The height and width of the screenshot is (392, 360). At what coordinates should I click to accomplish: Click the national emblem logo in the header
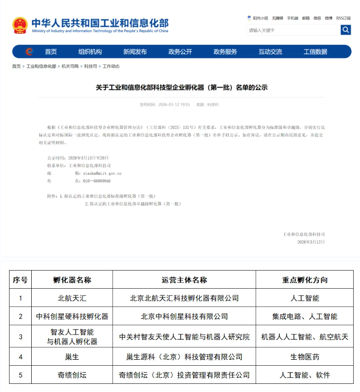[20, 25]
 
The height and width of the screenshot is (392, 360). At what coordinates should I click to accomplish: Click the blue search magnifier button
[346, 30]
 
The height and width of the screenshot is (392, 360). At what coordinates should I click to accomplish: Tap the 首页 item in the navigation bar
[51, 52]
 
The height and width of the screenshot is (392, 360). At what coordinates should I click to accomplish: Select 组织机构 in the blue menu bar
[90, 52]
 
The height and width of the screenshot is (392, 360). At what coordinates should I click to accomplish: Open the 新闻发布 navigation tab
[135, 52]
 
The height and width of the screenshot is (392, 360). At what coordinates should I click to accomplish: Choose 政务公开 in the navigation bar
[180, 52]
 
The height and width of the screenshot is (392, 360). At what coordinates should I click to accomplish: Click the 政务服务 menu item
[225, 52]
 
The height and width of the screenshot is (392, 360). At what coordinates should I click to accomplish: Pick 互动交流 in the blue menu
[270, 52]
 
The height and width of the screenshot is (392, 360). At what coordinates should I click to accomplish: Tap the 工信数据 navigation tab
[315, 52]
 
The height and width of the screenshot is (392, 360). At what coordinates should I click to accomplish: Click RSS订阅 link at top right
[343, 18]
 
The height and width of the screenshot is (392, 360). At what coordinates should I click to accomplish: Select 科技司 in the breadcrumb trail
[91, 66]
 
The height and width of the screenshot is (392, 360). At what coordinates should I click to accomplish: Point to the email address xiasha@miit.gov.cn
[102, 173]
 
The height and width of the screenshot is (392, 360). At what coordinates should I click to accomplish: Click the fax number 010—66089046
[96, 181]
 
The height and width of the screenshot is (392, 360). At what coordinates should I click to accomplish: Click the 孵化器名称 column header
[72, 280]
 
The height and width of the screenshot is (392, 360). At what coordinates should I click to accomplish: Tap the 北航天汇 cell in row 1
[72, 298]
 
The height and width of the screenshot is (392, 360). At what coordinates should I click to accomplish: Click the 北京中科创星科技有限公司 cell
[184, 316]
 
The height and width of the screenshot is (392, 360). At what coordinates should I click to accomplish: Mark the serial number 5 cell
[20, 375]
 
